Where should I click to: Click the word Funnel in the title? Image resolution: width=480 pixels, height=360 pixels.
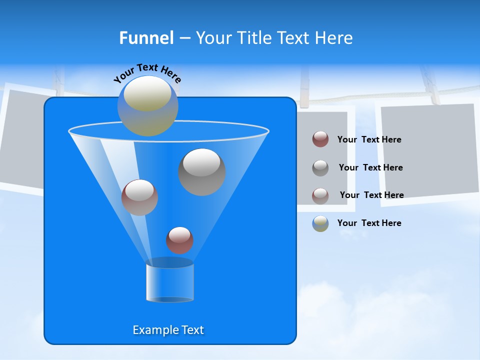coord(146,38)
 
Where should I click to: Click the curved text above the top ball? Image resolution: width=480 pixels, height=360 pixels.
coord(147,73)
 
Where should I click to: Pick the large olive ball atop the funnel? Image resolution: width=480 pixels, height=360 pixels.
coord(148,106)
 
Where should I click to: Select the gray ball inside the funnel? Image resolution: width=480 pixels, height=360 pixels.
coord(202,172)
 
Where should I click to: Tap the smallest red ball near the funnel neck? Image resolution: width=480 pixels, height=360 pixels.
coord(179,240)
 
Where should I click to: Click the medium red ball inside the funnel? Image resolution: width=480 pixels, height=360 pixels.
coord(139,197)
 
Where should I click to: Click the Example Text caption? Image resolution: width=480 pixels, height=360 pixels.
coord(168,330)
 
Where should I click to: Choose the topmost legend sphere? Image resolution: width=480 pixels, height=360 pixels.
coord(320,139)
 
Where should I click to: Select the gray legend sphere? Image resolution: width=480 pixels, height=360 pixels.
coord(320,167)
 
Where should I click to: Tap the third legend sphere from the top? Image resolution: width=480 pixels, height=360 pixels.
coord(320,195)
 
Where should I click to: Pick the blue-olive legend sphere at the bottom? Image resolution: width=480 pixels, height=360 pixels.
coord(320,223)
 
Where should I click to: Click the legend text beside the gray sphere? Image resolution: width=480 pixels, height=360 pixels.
coord(370,167)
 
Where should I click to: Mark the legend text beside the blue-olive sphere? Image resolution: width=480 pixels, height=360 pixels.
coord(369,223)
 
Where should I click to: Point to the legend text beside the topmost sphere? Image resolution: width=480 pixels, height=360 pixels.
coord(369,139)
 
